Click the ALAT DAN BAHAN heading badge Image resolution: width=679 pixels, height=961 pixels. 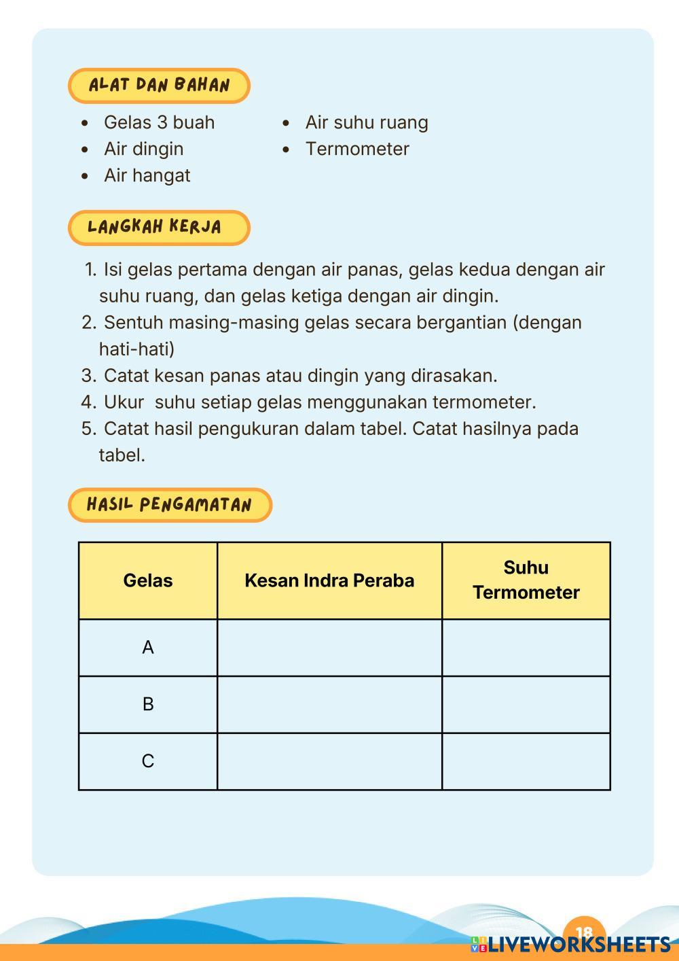click(159, 86)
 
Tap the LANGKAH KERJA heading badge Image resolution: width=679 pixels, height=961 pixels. click(159, 227)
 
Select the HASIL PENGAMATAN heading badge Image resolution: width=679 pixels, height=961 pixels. click(170, 505)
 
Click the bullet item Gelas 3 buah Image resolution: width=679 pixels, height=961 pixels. click(159, 122)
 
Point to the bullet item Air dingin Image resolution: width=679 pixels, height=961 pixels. click(143, 149)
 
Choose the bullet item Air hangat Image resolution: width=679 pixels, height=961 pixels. click(147, 175)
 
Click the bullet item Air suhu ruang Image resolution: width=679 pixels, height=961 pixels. click(367, 122)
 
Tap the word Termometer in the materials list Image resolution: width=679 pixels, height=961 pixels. click(357, 149)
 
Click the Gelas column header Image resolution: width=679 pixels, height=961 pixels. click(148, 580)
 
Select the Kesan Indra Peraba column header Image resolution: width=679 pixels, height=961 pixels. click(329, 580)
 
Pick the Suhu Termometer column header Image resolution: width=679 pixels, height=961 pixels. click(526, 580)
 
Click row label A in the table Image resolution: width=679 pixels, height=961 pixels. click(148, 648)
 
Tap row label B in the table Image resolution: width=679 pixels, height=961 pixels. click(148, 704)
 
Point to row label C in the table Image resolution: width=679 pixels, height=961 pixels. click(148, 761)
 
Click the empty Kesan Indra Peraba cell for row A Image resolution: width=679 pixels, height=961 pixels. click(329, 648)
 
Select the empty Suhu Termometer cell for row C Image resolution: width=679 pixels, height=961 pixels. click(526, 761)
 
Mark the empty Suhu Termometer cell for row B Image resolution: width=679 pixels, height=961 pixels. click(526, 704)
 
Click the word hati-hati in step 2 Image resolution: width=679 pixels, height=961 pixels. click(136, 349)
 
